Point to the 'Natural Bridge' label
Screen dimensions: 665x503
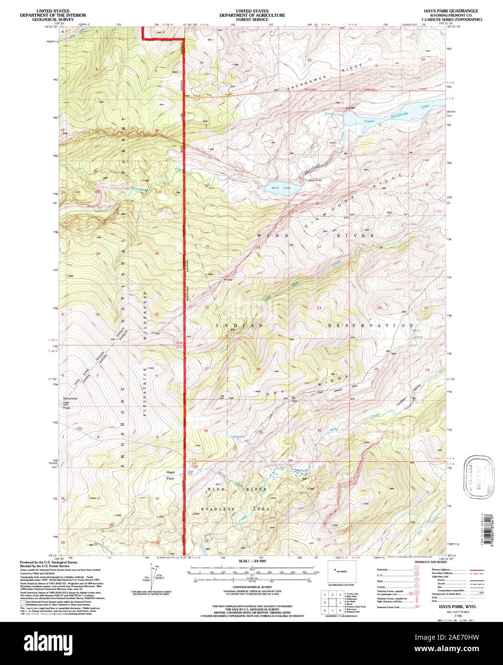pyautogui.click(x=316, y=180)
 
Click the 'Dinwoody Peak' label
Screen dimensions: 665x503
pyautogui.click(x=70, y=400)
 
